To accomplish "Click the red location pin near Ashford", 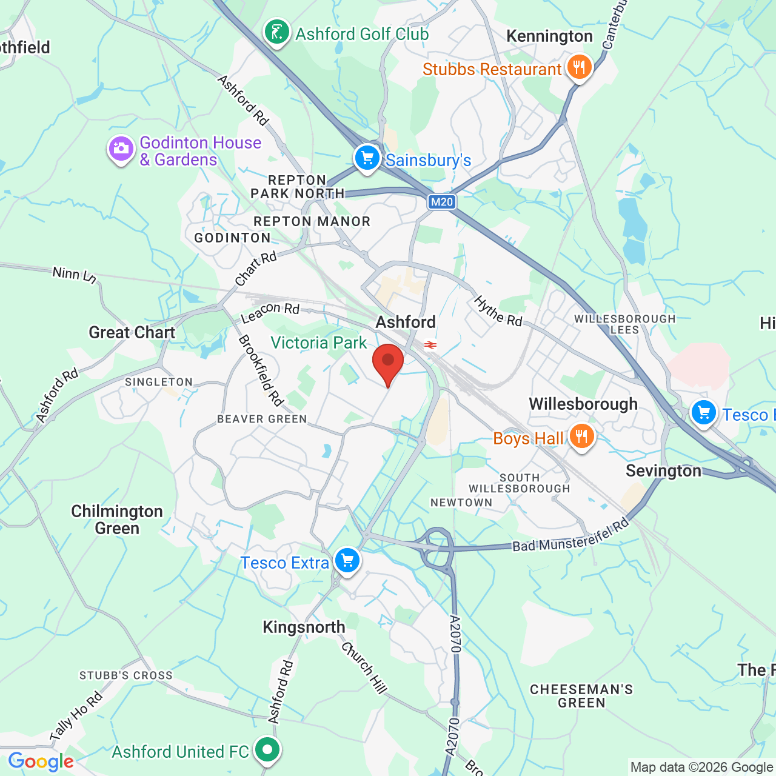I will (388, 362).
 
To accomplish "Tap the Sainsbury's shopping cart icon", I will (367, 158).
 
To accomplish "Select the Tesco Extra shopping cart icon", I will (347, 561).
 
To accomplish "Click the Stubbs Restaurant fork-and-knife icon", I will (579, 67).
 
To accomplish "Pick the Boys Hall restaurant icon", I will (581, 436).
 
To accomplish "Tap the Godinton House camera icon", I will (121, 149).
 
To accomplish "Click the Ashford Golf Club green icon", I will (277, 32).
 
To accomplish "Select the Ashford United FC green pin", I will (267, 750).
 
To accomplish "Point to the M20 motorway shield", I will (441, 202).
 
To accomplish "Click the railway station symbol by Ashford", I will (430, 345).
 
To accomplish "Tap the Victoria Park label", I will (319, 343).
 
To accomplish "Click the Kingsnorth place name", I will (304, 627).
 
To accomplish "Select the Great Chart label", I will (132, 332).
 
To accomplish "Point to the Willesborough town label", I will (583, 404).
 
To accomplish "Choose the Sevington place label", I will (663, 471).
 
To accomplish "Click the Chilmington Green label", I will (117, 520).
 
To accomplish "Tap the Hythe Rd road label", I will (498, 311).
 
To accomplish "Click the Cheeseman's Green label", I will (581, 696).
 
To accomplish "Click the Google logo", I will (41, 761).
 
